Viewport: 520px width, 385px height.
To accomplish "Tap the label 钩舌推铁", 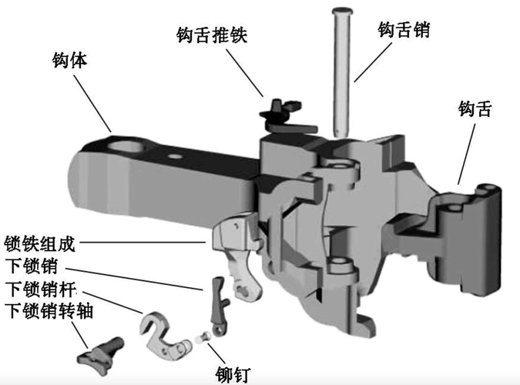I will tap(210, 36).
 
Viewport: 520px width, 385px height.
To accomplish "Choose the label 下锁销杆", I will tap(41, 290).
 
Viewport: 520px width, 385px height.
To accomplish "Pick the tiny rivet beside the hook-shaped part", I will tap(205, 337).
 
